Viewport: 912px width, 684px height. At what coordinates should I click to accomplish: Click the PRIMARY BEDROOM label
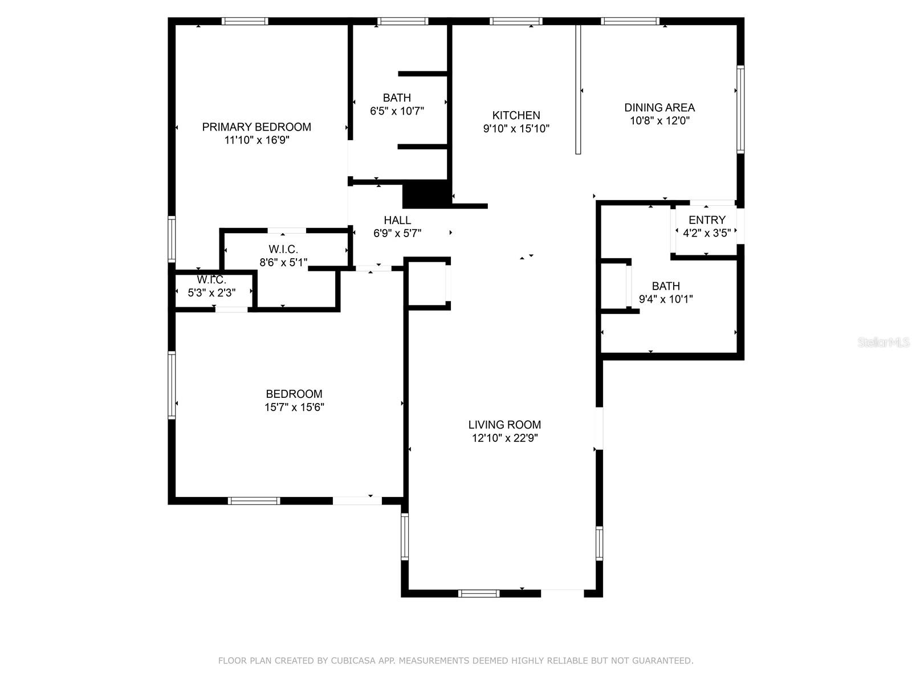tap(256, 127)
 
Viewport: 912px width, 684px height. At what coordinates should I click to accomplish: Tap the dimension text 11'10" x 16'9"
tap(256, 140)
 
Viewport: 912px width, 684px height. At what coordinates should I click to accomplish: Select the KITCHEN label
tap(516, 115)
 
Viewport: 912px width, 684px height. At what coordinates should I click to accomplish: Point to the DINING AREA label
tap(659, 107)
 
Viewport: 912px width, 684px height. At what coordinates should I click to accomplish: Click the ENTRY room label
tap(707, 220)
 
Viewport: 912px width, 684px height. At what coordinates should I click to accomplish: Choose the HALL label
tap(397, 220)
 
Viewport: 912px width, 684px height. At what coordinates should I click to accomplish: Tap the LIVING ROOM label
tap(504, 425)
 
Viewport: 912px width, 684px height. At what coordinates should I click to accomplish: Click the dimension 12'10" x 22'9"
tap(504, 438)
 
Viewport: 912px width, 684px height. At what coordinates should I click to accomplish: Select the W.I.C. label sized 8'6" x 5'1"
tap(283, 250)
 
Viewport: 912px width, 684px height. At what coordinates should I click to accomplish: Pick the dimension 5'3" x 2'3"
tap(212, 293)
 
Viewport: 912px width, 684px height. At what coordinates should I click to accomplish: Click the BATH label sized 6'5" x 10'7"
tap(397, 98)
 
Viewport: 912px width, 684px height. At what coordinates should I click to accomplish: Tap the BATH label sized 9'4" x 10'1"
tap(666, 286)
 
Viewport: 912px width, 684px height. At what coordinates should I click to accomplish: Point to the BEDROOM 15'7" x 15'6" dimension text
tap(294, 408)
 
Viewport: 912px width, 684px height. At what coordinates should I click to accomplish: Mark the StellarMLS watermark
tap(884, 343)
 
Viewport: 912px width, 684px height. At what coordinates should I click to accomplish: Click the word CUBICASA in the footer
tap(355, 661)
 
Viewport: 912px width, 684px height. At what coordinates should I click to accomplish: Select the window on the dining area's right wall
tap(740, 109)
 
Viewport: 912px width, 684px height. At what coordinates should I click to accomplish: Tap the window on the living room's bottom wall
tap(479, 593)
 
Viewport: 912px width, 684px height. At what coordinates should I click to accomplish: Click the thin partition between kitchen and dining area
tap(577, 89)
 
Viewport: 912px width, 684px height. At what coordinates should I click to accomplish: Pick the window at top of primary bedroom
tap(245, 22)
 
